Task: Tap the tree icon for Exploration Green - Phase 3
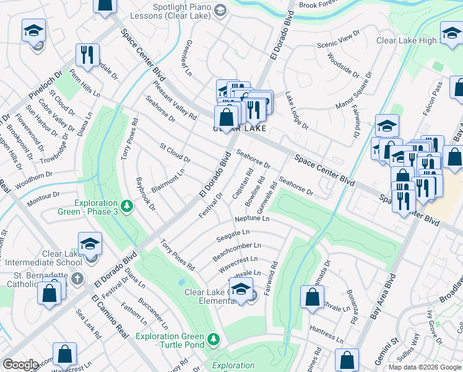(x=127, y=205)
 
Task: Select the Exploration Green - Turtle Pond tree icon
(x=214, y=339)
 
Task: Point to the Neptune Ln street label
(x=252, y=219)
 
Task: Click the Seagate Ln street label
(x=233, y=236)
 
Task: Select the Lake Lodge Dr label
(x=296, y=111)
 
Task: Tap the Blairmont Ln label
(x=168, y=180)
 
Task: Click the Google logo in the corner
(x=20, y=365)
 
